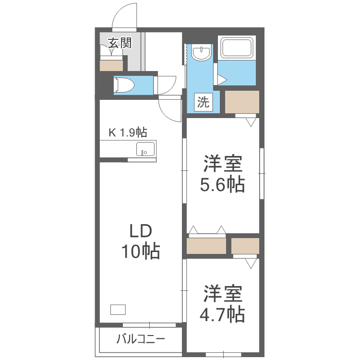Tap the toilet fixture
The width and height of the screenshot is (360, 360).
click(x=123, y=85)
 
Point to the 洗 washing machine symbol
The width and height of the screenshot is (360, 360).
click(x=204, y=102)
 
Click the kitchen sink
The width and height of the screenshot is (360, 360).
click(x=145, y=149)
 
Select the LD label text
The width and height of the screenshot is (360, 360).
click(x=140, y=231)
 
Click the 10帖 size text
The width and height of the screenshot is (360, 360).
click(x=140, y=252)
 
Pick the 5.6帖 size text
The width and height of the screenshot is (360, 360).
click(x=222, y=184)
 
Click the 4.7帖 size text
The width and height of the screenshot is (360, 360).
click(x=222, y=314)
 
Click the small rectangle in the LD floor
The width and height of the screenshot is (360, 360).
click(x=118, y=309)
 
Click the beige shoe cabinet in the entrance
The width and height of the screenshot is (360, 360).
click(x=111, y=65)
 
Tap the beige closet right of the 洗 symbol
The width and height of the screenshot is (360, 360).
click(x=242, y=102)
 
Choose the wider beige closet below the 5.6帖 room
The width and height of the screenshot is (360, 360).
click(x=206, y=246)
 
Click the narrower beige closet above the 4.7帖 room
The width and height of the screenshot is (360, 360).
click(x=245, y=246)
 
